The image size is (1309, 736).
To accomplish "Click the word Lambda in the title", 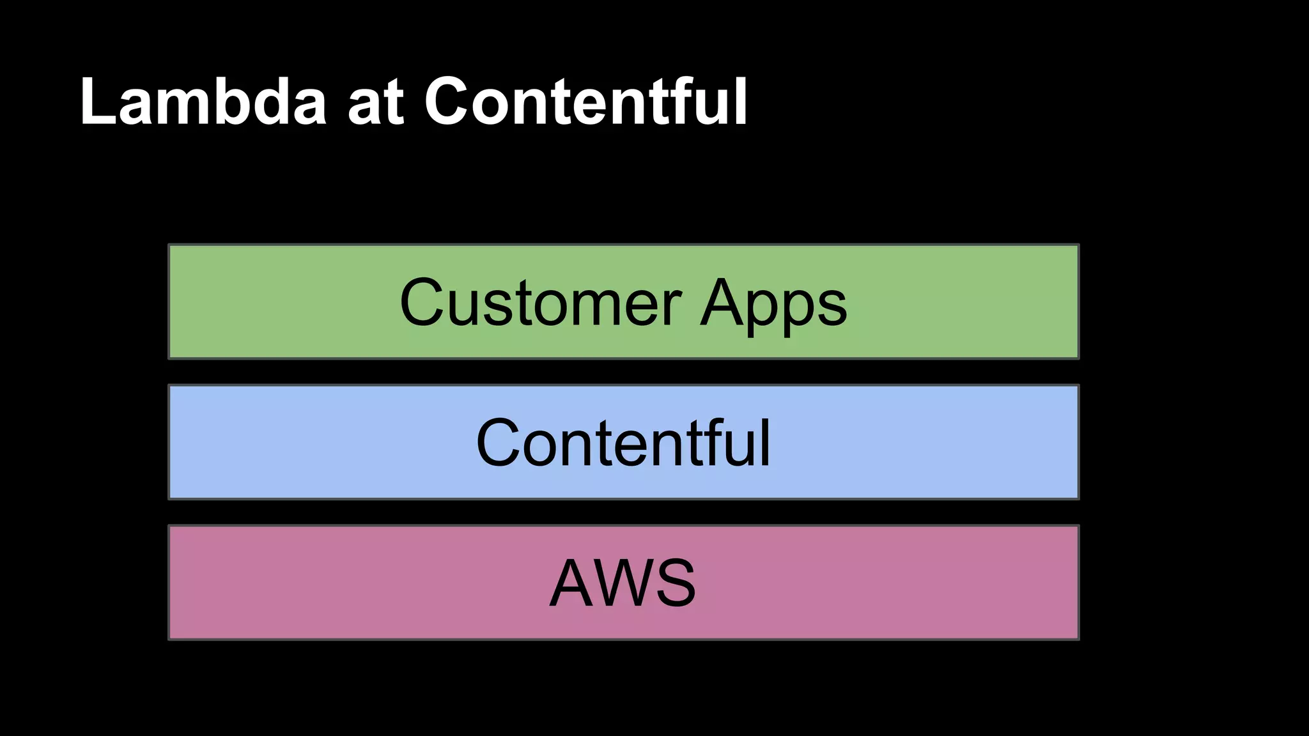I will pyautogui.click(x=203, y=102).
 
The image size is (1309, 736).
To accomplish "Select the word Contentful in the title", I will pyautogui.click(x=585, y=102).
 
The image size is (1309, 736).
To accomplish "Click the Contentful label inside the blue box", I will pyautogui.click(x=623, y=443).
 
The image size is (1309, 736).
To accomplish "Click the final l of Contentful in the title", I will pyautogui.click(x=741, y=102).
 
